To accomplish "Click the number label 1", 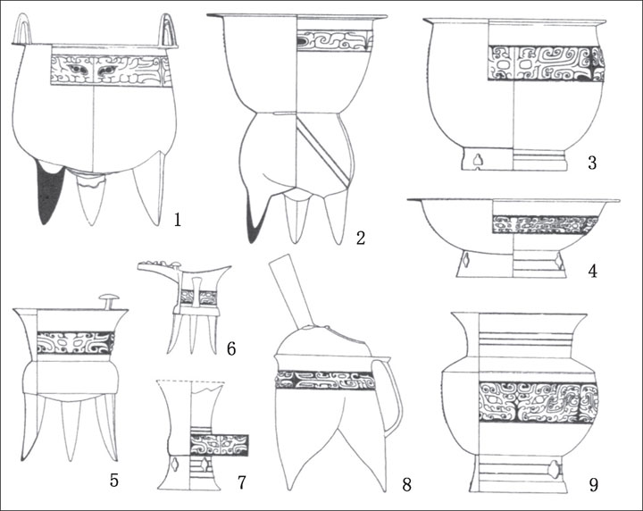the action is (x=177, y=221).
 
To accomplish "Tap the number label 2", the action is (x=361, y=238).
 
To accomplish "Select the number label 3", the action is (x=592, y=163).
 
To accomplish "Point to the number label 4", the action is (x=593, y=272).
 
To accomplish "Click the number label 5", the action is (x=114, y=481).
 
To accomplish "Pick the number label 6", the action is (x=231, y=349).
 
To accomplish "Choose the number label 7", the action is (x=241, y=482).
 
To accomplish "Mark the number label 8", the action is (x=406, y=485).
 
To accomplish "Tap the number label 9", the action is (x=593, y=485).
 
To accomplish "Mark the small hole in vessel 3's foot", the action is (x=477, y=160).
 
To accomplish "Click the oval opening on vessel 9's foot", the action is (x=554, y=469).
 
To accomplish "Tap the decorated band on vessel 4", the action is (x=546, y=224).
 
